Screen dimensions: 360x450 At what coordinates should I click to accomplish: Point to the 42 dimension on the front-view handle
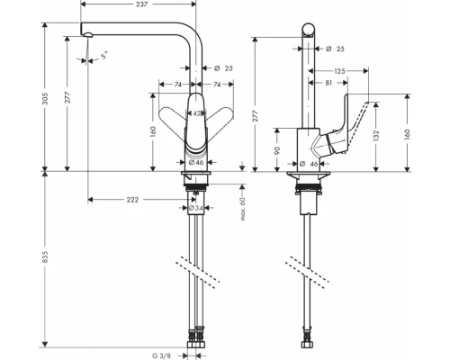click(x=197, y=114)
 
